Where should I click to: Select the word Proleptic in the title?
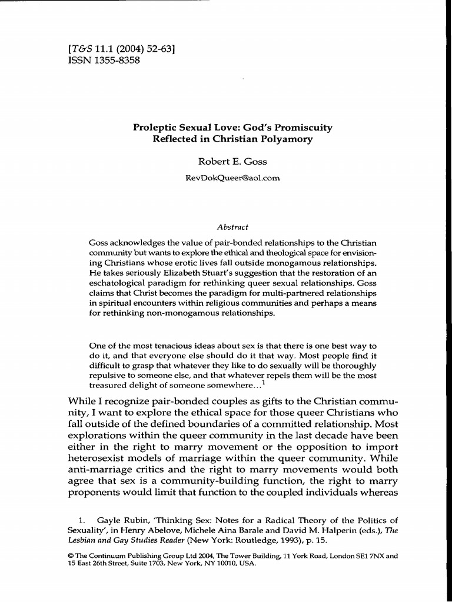(157, 128)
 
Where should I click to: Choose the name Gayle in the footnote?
(108, 520)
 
